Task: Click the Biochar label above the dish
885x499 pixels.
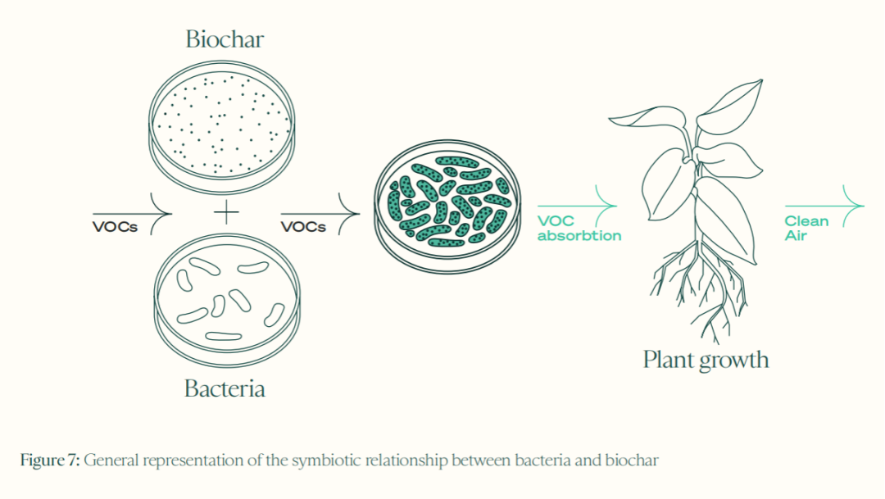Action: pyautogui.click(x=225, y=39)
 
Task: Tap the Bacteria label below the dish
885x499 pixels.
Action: pyautogui.click(x=225, y=388)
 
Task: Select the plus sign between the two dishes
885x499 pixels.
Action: pyautogui.click(x=225, y=214)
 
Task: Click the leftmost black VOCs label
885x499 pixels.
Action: pyautogui.click(x=115, y=227)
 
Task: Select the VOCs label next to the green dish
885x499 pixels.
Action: pyautogui.click(x=303, y=227)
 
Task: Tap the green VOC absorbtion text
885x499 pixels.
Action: pyautogui.click(x=579, y=229)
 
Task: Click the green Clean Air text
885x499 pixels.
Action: pyautogui.click(x=806, y=229)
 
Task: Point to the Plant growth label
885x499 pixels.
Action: pyautogui.click(x=706, y=360)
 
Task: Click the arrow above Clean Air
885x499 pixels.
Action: pyautogui.click(x=824, y=205)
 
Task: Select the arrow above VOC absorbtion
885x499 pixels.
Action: pyautogui.click(x=577, y=205)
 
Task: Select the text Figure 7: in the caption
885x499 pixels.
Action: pyautogui.click(x=50, y=460)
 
